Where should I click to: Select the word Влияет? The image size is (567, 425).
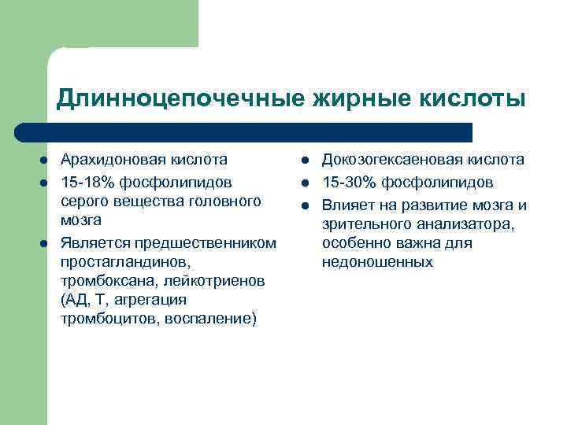345,205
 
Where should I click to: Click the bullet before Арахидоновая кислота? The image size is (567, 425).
45,161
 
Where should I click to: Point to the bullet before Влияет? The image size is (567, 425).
305,206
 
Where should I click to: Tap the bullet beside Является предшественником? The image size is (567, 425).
45,242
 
